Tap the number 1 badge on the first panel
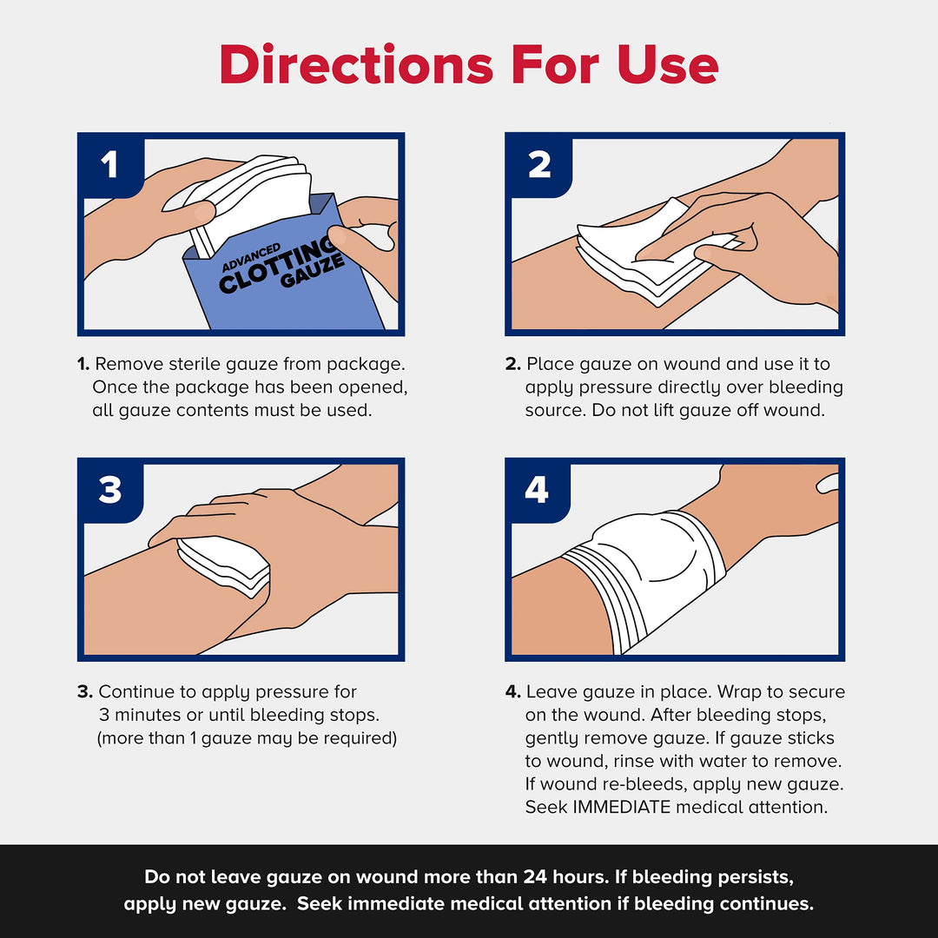pyautogui.click(x=109, y=164)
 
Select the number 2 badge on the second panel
pyautogui.click(x=538, y=164)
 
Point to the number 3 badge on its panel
pyautogui.click(x=109, y=491)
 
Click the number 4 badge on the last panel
pyautogui.click(x=537, y=491)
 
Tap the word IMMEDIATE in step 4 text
pyautogui.click(x=620, y=807)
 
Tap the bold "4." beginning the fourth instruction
pyautogui.click(x=513, y=692)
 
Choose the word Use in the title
pyautogui.click(x=668, y=64)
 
